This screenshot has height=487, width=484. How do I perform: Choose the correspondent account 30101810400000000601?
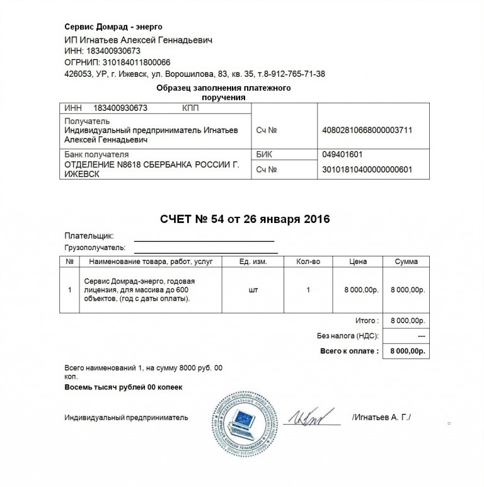(367, 169)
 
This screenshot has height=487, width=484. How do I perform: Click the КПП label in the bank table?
(191, 108)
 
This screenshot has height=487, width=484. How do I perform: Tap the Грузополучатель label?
(95, 247)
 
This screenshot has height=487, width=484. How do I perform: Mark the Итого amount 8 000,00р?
(406, 320)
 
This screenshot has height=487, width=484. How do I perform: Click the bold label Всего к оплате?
(349, 351)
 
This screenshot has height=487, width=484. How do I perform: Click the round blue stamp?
(242, 421)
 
